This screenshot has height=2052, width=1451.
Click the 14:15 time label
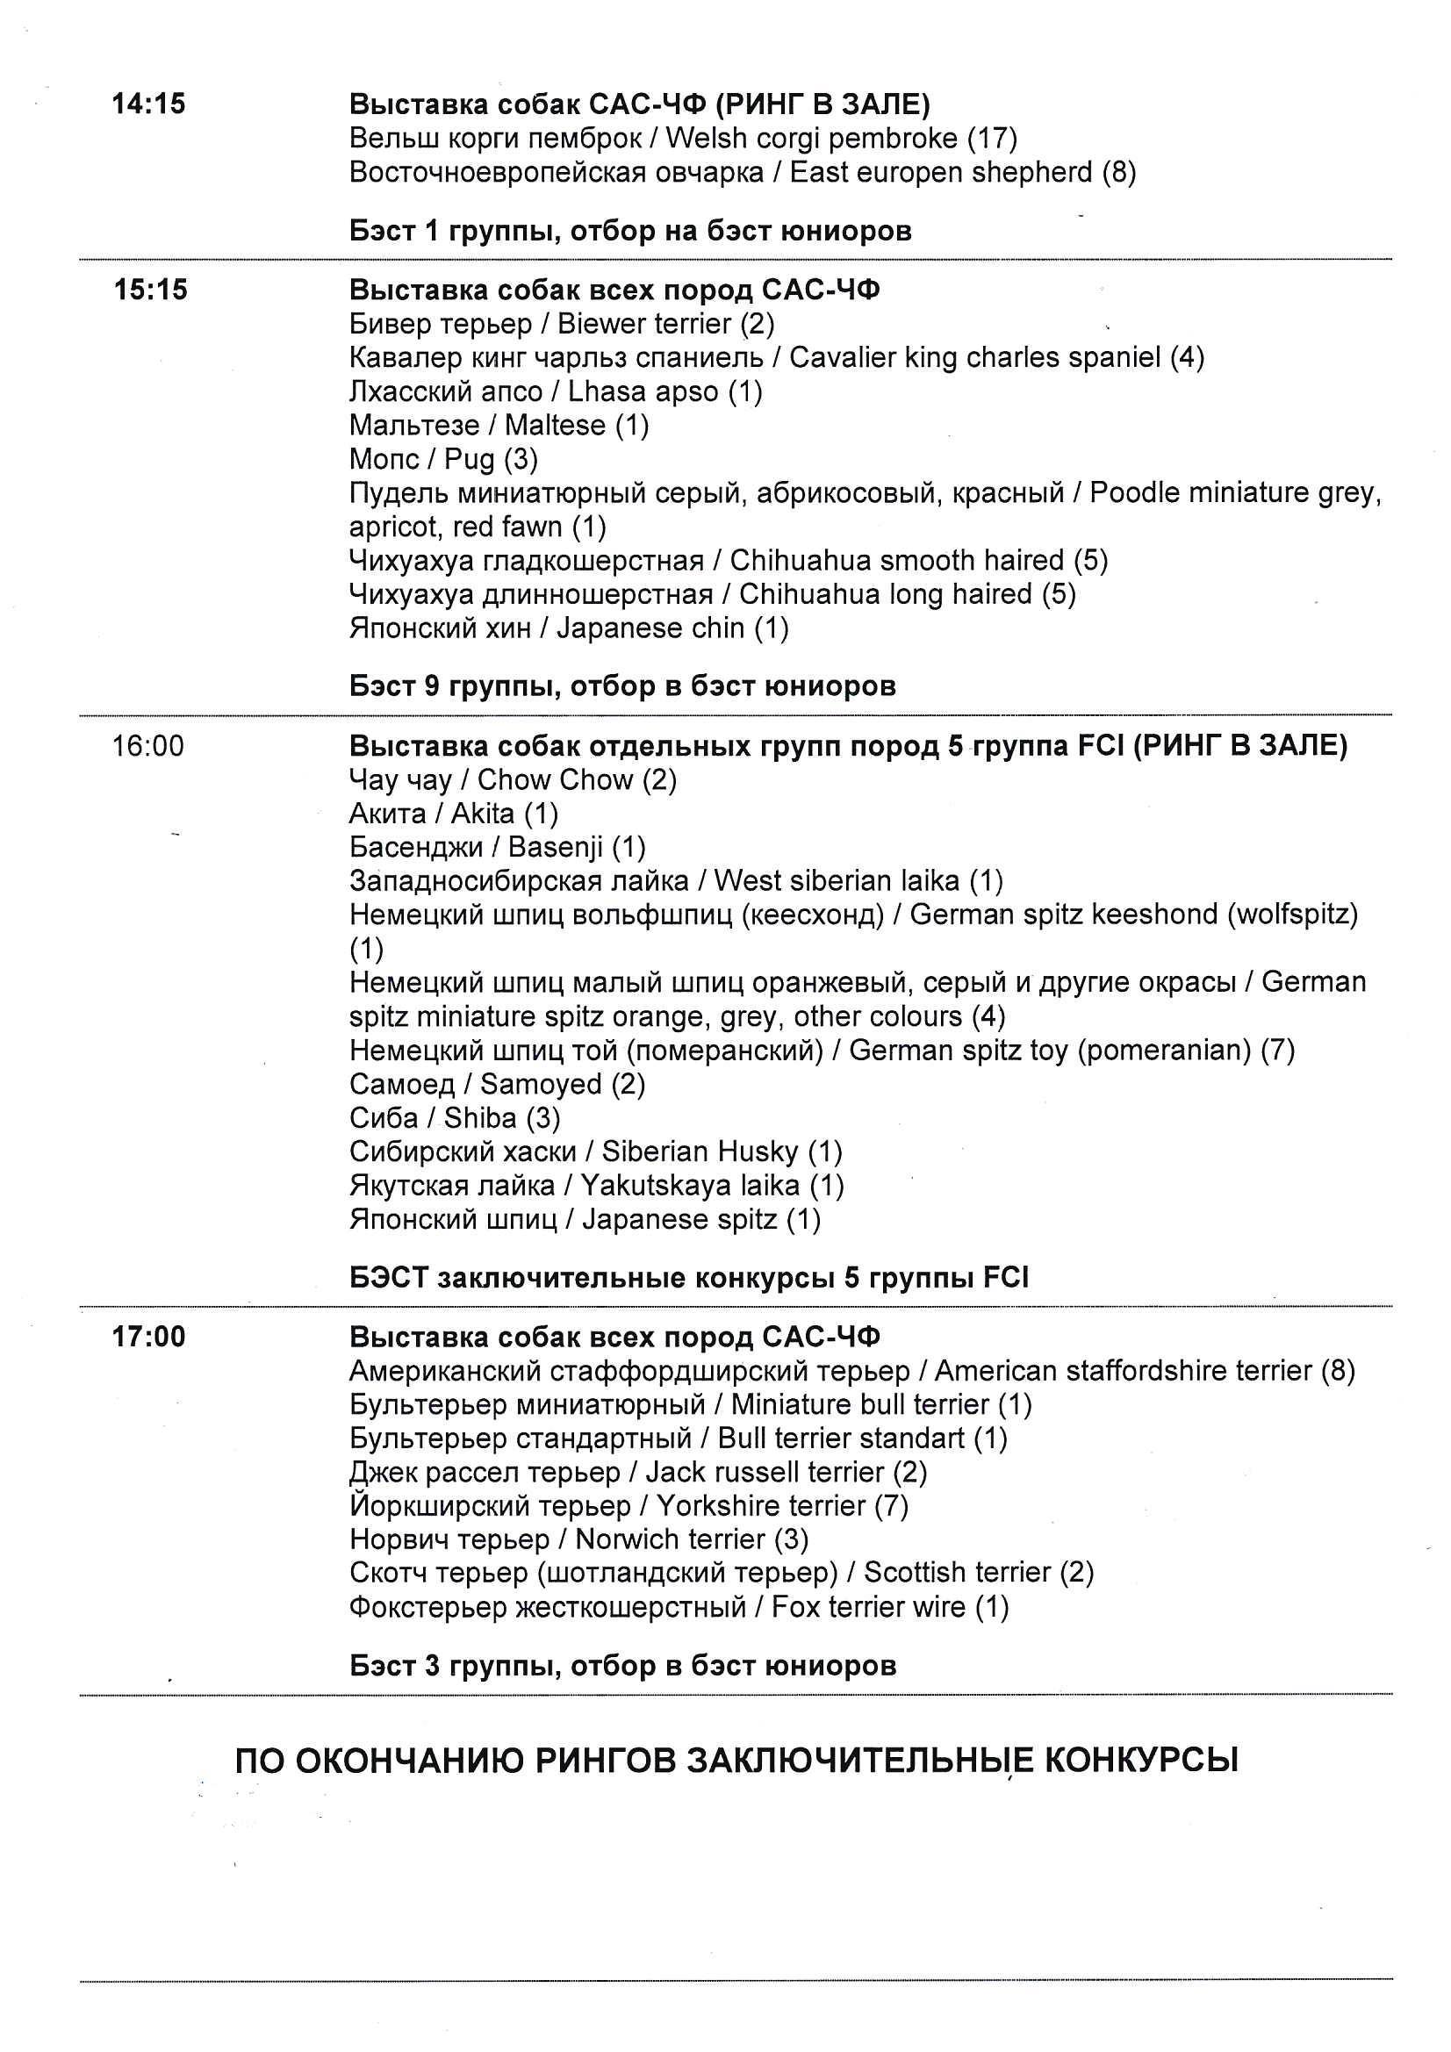pyautogui.click(x=148, y=104)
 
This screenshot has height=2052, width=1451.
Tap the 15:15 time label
pyautogui.click(x=150, y=291)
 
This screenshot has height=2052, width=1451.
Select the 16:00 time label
pyautogui.click(x=147, y=745)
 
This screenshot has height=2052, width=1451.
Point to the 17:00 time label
pyautogui.click(x=148, y=1337)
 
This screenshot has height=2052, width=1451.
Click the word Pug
pyautogui.click(x=470, y=459)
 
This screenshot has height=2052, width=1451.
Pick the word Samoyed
pyautogui.click(x=541, y=1084)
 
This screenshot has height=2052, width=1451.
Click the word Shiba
pyautogui.click(x=480, y=1118)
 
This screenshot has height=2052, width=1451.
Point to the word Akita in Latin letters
pyautogui.click(x=483, y=814)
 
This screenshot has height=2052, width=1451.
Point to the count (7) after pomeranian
pyautogui.click(x=1277, y=1050)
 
